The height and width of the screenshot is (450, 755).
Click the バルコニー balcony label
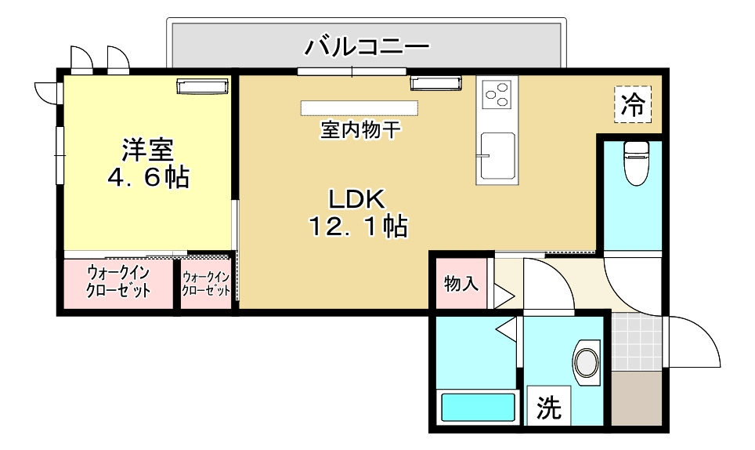367,45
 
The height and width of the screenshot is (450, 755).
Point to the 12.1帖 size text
357,227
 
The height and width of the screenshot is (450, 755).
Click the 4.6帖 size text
148,177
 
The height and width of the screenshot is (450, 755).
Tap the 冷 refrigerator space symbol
633,104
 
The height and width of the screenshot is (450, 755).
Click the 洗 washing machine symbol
548,408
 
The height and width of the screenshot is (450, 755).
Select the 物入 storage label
461,283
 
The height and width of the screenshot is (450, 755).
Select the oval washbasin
586,363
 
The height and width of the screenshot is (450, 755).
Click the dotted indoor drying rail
359,107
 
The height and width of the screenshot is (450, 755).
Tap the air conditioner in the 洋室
202,85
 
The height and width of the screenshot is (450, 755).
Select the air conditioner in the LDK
436,83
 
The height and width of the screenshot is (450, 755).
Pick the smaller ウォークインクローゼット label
206,283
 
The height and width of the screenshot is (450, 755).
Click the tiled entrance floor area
636,342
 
